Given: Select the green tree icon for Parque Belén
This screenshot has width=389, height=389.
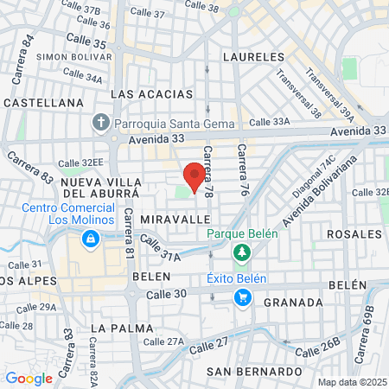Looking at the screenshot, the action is coord(242,253).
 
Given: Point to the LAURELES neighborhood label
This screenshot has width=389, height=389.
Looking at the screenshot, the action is coord(252,56).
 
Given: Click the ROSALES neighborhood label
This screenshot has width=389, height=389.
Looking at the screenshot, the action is coord(354,234).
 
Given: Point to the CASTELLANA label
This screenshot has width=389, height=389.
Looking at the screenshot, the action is coord(43,102).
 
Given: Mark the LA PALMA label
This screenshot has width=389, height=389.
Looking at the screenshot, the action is coord(121,328).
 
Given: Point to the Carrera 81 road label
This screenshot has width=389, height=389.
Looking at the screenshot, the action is coord(128,235).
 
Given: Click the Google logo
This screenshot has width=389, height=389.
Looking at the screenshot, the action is coord(29,378).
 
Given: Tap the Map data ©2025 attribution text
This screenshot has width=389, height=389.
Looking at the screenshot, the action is coord(351,382).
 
